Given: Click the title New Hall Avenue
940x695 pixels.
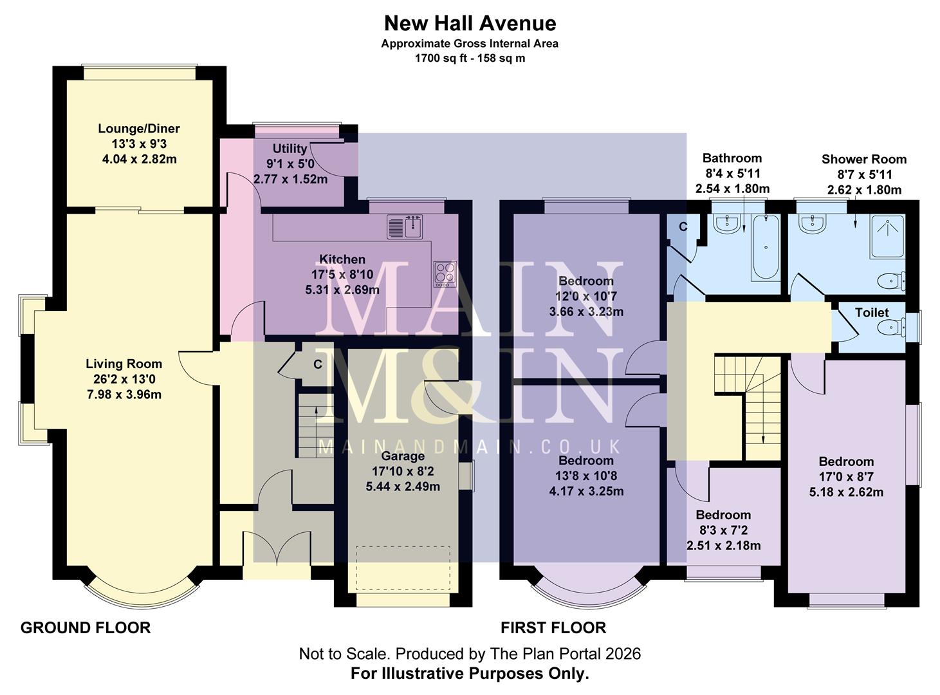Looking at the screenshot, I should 470,23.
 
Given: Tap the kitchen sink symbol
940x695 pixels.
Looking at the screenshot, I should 404,227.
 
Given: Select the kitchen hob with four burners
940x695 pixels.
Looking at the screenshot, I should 445,274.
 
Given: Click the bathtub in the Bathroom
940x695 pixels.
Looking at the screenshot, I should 766,247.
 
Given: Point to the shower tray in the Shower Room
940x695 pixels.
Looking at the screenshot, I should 887,237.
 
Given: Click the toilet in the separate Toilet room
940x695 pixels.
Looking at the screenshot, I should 891,328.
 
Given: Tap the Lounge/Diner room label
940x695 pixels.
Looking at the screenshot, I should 139,129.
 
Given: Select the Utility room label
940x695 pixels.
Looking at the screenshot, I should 290,149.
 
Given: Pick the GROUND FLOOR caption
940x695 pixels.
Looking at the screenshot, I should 86,627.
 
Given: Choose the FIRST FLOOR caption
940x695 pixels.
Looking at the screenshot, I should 553,627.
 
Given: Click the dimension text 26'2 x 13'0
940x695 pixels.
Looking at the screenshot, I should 124,379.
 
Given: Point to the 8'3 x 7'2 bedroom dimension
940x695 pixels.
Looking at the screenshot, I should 723,530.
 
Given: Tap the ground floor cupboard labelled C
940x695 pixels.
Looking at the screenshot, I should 317,365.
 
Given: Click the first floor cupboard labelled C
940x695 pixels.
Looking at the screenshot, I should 683,227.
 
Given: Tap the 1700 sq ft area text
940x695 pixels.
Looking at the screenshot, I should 470,58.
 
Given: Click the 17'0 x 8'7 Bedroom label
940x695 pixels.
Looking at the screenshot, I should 845,477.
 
